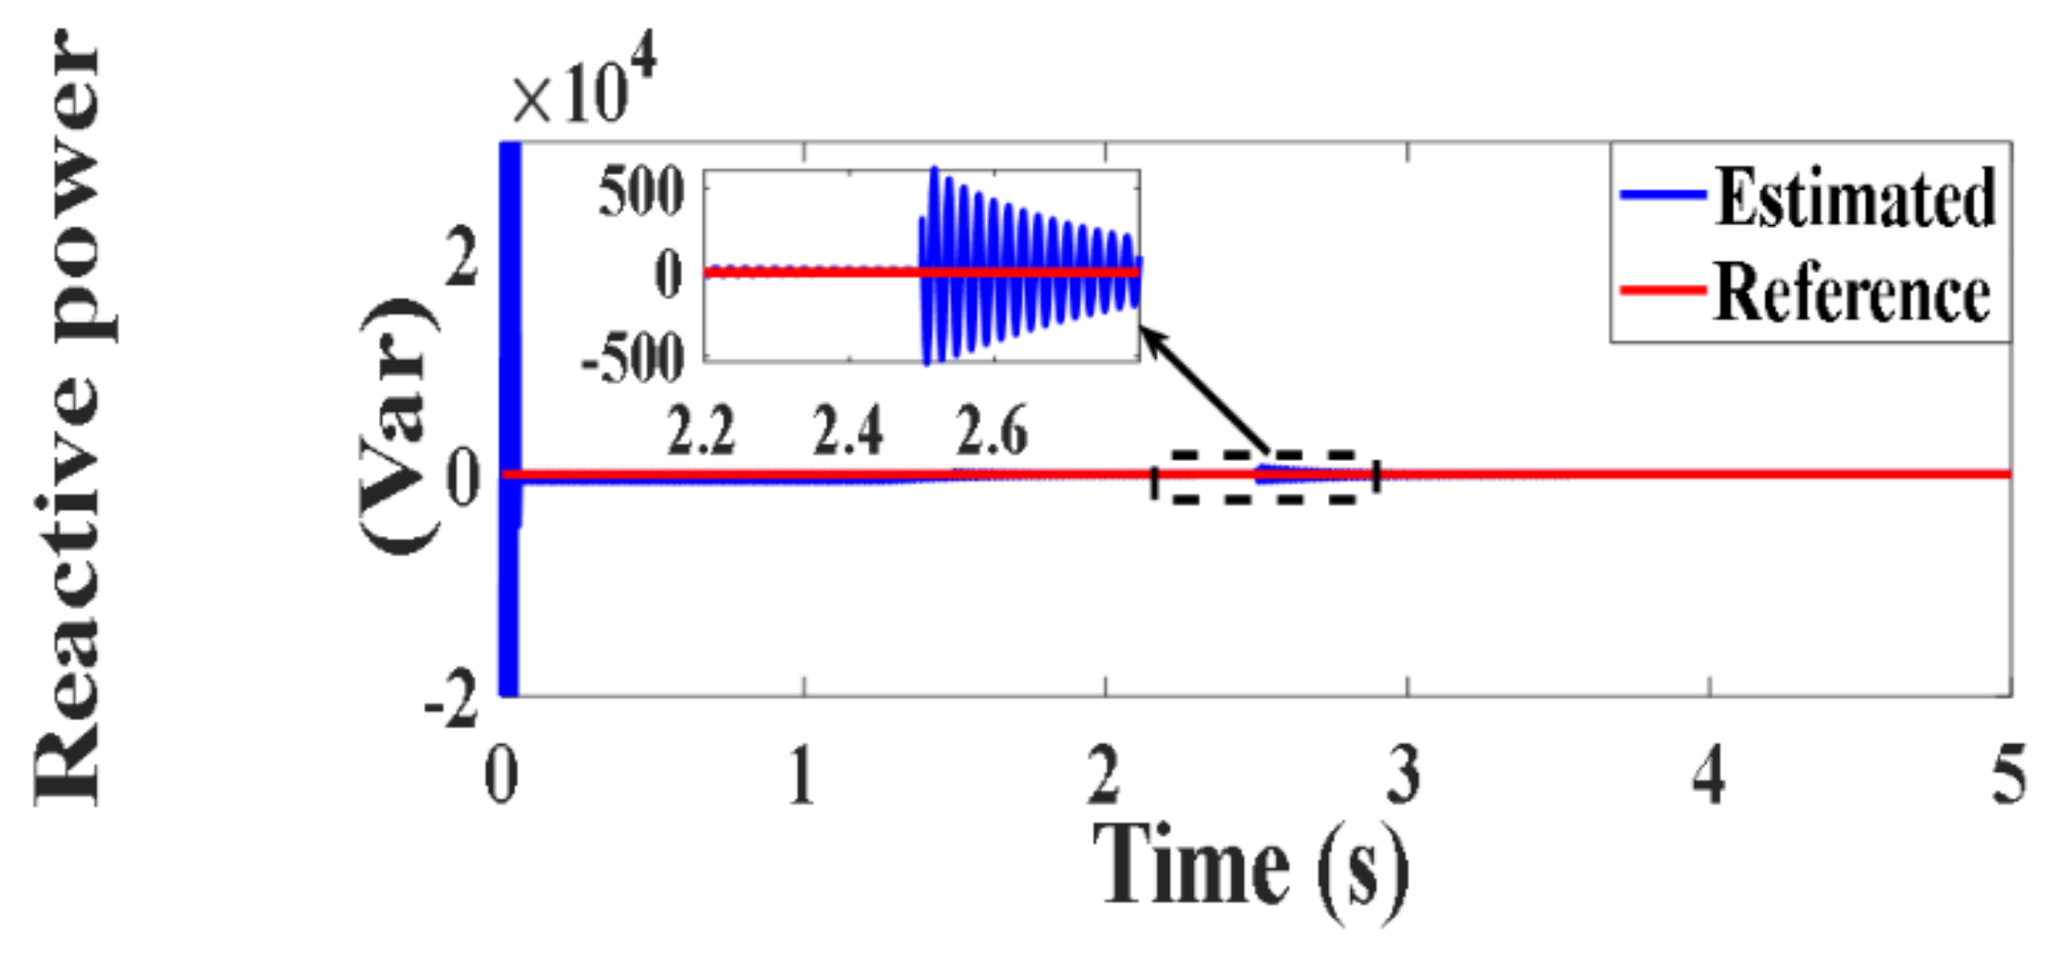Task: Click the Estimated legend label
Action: (x=1855, y=198)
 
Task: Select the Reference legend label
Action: (x=1852, y=294)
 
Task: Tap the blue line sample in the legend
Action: (x=1662, y=195)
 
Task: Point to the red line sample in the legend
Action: (x=1662, y=290)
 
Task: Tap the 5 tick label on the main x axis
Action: (x=2007, y=776)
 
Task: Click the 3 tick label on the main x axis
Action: (x=1404, y=776)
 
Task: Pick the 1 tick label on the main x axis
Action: (x=802, y=776)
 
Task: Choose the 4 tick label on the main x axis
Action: (x=1708, y=776)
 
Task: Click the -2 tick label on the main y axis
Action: (x=452, y=704)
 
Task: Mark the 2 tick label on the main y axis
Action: (x=462, y=259)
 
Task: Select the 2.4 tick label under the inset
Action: (x=846, y=431)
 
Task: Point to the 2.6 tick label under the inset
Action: (x=991, y=431)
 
